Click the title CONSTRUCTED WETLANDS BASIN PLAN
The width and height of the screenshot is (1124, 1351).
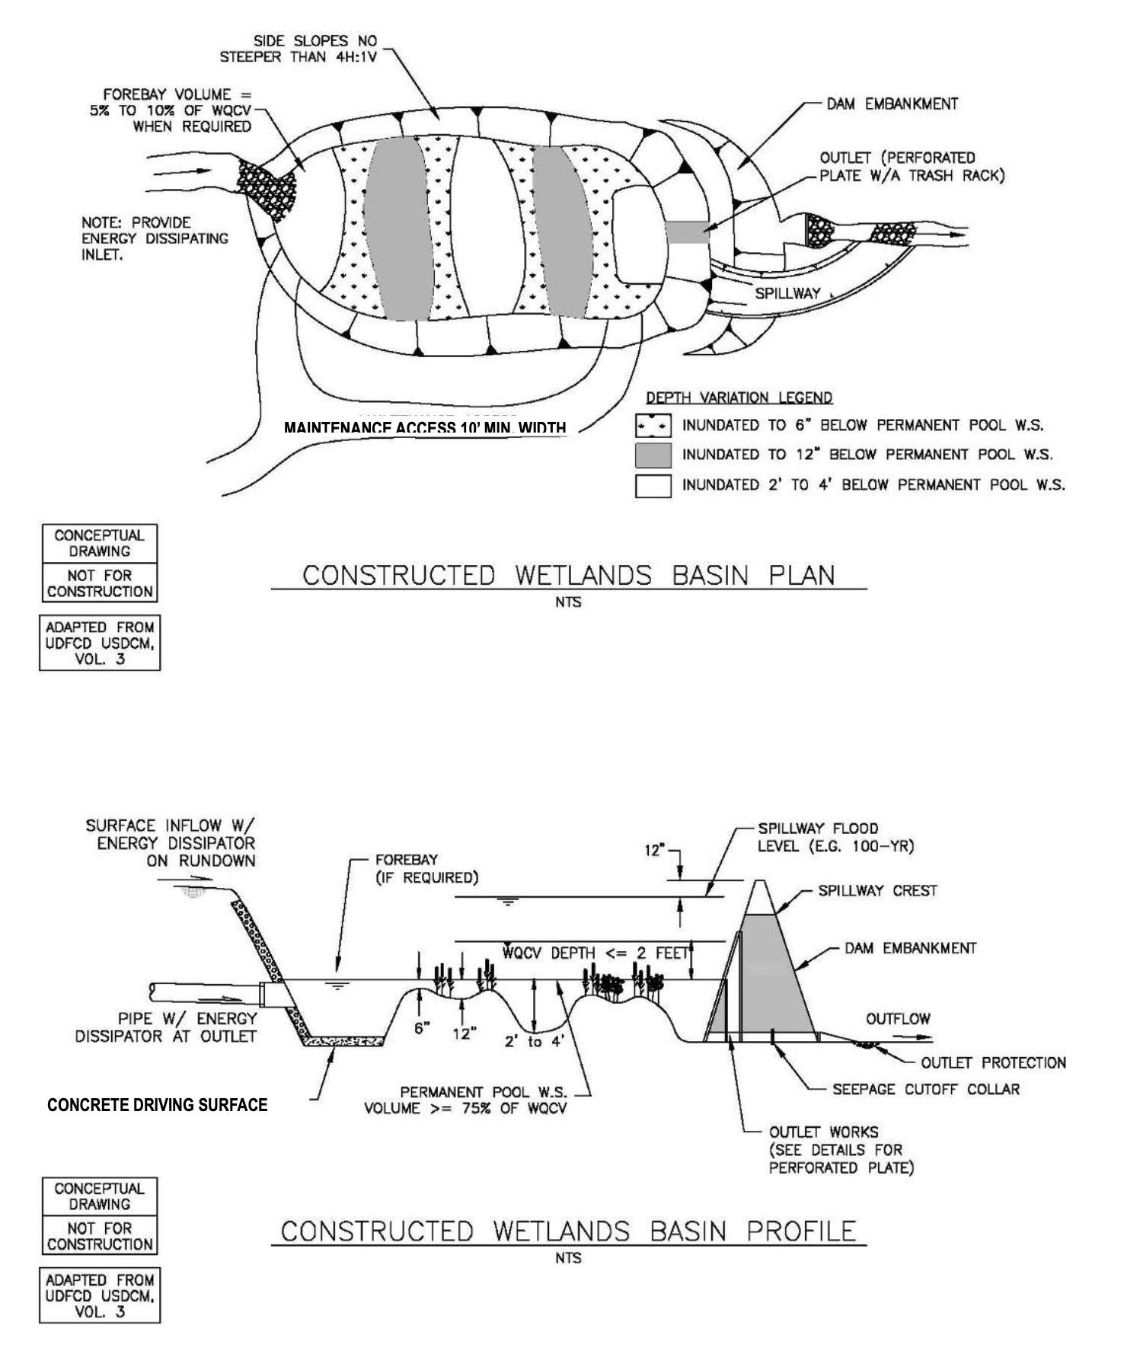[x=568, y=575]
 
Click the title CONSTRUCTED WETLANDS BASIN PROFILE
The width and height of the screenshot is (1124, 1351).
[x=568, y=1231]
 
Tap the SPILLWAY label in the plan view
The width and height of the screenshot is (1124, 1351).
[x=787, y=293]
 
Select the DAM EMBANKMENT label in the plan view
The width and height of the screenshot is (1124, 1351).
[x=892, y=104]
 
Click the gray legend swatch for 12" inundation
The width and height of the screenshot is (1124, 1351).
[x=653, y=455]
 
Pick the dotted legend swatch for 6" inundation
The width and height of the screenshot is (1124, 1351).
[x=653, y=425]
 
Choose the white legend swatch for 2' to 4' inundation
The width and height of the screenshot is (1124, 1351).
[x=653, y=485]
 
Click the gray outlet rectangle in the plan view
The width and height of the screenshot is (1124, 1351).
[x=688, y=232]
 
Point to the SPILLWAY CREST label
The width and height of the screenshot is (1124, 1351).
[x=877, y=890]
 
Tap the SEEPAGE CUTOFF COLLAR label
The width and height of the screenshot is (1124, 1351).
[x=925, y=1089]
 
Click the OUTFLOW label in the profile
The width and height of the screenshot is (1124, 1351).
[x=898, y=1019]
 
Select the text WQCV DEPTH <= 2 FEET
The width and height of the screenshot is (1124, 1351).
[x=595, y=953]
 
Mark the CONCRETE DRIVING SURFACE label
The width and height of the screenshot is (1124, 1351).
[x=158, y=1105]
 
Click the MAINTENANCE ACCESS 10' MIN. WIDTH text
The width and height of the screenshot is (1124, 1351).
[x=425, y=428]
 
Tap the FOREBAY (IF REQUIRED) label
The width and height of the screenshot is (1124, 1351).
[x=426, y=868]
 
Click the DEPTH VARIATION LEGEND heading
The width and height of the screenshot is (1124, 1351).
[x=739, y=398]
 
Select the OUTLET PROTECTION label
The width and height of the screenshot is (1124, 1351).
[x=993, y=1062]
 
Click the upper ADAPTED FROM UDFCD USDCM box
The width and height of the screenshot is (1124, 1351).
[x=100, y=643]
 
